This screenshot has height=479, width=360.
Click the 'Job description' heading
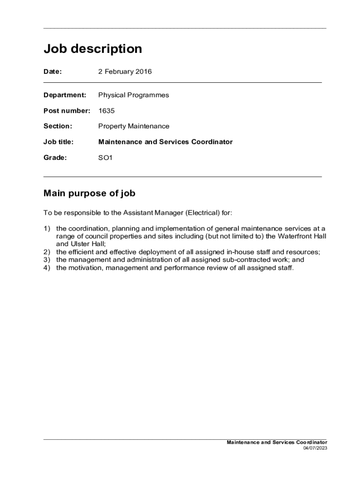click(93, 49)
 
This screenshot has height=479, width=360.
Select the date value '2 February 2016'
click(125, 72)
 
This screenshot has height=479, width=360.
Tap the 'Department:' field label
click(65, 95)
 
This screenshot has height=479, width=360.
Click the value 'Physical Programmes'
click(133, 95)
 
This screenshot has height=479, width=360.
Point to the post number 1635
click(106, 111)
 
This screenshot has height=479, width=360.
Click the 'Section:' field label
click(58, 126)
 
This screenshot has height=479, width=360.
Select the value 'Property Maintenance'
click(133, 126)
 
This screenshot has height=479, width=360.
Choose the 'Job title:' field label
click(58, 142)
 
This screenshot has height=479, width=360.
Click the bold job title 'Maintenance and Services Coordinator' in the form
click(165, 142)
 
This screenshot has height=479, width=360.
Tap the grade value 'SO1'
click(105, 158)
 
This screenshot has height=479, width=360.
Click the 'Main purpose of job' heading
click(89, 193)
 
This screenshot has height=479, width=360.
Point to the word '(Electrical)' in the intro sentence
click(203, 213)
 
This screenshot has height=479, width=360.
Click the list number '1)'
click(47, 229)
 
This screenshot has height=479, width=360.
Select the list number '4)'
click(47, 268)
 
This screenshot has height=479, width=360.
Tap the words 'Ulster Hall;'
click(81, 244)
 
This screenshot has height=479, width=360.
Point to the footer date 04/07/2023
click(315, 448)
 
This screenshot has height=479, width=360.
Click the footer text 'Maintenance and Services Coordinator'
click(277, 443)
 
